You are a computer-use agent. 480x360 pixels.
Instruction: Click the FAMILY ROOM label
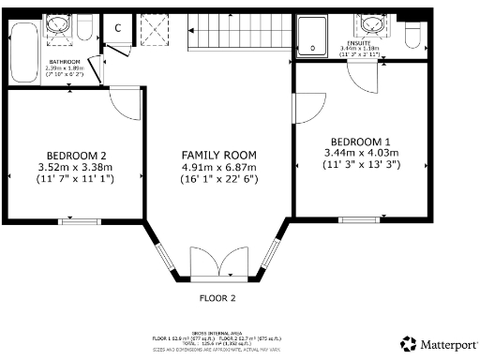point(219,155)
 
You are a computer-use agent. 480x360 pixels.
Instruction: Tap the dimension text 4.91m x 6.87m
point(219,168)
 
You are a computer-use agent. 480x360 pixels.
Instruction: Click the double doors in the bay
point(218,263)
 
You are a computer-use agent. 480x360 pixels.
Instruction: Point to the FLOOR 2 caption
point(217,299)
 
